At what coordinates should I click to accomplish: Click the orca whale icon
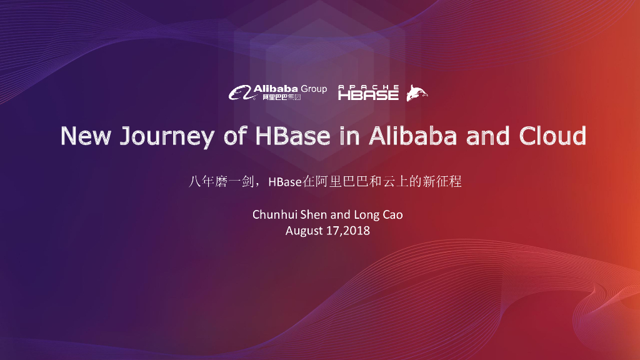coord(417,93)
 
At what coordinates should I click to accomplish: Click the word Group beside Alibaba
coord(314,89)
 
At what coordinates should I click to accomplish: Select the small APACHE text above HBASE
coord(368,86)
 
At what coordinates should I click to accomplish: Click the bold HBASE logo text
coord(368,96)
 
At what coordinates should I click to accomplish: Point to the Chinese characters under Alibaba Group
coord(281,97)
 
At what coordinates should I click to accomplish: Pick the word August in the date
coord(304,231)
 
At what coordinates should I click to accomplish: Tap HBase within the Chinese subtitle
coord(284,182)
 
